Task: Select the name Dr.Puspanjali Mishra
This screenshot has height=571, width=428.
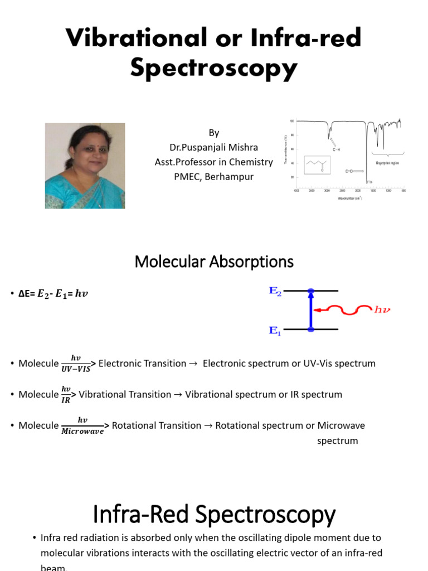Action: [214, 147]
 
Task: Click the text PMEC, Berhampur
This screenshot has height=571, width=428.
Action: [214, 177]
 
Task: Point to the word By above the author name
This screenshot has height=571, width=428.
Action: [214, 133]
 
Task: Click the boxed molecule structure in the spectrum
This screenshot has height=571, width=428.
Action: [318, 164]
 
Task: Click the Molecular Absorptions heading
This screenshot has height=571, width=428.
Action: [214, 261]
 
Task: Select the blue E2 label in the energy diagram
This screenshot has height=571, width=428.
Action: [276, 291]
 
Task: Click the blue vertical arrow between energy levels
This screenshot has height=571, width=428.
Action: [311, 311]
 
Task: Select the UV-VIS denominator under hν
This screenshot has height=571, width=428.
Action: [75, 369]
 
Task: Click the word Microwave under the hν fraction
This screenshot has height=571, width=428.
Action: [82, 431]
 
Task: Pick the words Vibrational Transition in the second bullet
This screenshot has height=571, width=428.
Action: [125, 395]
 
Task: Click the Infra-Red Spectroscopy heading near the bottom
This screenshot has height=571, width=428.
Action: [214, 514]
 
